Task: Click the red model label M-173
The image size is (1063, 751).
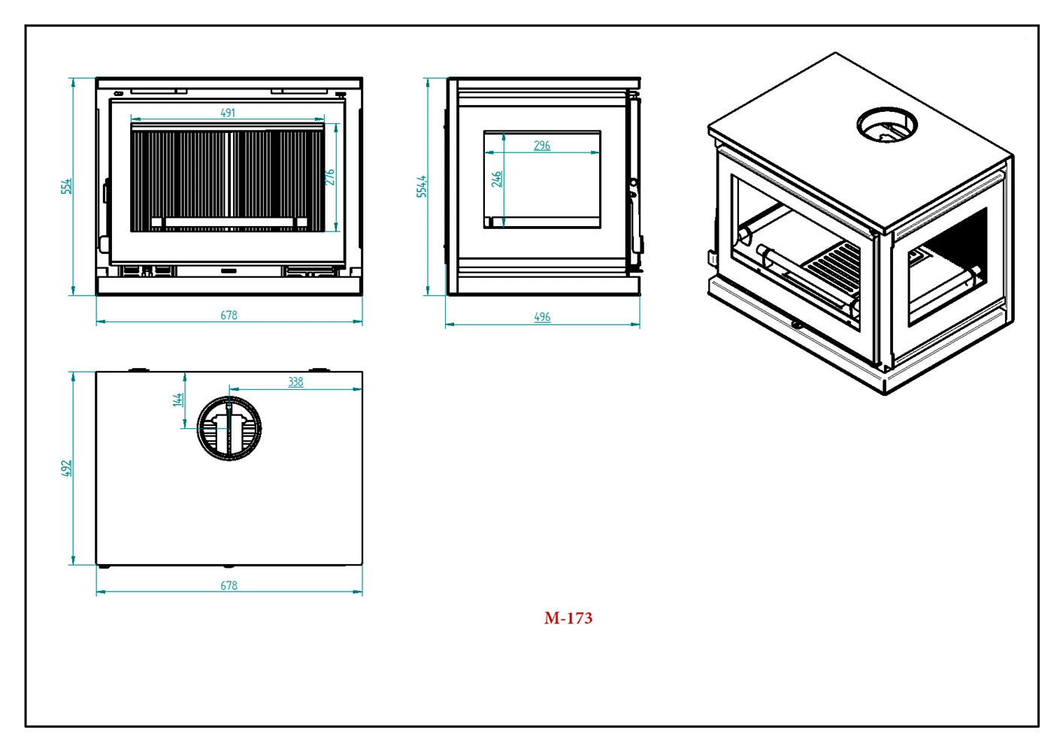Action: (568, 618)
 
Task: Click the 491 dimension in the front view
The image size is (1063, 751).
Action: (228, 113)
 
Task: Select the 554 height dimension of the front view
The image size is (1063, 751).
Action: (66, 186)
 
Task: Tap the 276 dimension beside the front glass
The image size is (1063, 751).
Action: (329, 177)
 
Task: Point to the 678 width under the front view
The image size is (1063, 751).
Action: (229, 315)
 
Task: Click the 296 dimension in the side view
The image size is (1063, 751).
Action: (542, 145)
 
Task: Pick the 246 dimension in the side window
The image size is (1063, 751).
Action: (496, 179)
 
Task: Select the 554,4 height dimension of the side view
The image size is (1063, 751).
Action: (421, 186)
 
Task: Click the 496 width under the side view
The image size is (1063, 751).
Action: (542, 317)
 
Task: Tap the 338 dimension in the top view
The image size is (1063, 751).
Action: (295, 382)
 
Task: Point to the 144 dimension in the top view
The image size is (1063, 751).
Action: (178, 400)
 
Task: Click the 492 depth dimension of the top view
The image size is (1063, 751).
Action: (66, 469)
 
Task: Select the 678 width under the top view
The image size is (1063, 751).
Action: (229, 585)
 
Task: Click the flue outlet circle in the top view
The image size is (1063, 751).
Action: (229, 428)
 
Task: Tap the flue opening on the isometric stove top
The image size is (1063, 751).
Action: (887, 125)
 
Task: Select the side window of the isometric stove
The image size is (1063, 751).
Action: (947, 267)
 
